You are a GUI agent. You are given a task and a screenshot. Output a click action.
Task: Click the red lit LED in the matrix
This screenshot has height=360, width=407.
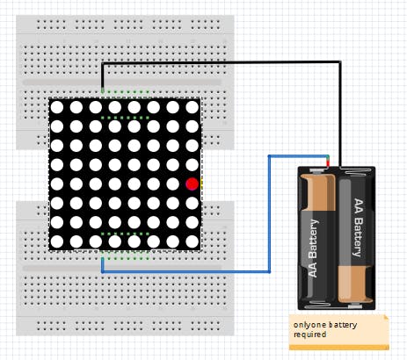193,184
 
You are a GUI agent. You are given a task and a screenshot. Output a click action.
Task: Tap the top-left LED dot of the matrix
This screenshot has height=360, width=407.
57,107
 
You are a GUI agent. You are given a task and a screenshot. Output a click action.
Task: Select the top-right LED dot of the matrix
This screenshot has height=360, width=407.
193,107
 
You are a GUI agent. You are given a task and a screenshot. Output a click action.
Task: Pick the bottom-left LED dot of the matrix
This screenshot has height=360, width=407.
57,241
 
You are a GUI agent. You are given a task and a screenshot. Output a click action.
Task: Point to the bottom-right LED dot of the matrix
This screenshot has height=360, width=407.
193,241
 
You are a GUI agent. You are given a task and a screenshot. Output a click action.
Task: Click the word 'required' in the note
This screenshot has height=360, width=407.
309,335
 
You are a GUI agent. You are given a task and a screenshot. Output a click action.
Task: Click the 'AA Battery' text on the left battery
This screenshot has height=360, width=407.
314,248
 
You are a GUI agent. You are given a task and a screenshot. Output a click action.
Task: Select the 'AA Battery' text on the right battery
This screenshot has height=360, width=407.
358,227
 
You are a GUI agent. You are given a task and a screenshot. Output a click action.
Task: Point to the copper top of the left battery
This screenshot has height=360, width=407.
318,191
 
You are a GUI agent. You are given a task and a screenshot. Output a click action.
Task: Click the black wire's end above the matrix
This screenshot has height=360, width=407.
102,90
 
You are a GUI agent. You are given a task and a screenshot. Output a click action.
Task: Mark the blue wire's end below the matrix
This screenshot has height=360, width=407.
102,259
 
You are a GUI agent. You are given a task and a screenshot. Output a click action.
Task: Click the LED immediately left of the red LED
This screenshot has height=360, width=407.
173,184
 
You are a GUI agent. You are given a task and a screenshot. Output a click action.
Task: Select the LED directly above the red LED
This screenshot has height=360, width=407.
193,165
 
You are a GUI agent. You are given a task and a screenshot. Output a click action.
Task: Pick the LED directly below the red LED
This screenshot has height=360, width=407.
193,203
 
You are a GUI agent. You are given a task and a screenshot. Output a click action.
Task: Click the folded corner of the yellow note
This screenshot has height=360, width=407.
387,318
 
